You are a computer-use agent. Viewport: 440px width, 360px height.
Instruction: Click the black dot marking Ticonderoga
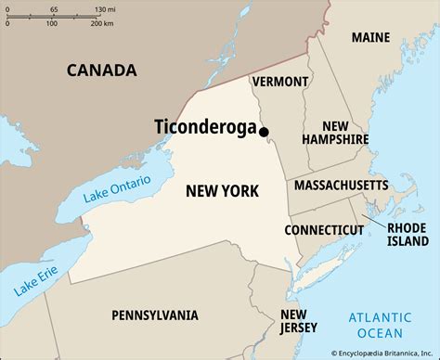click(264, 132)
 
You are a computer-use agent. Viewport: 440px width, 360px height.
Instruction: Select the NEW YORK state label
click(222, 191)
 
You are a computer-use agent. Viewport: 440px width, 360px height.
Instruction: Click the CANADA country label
click(101, 70)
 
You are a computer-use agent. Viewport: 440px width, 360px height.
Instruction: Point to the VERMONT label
click(279, 82)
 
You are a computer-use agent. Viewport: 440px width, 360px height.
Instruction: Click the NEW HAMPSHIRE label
click(335, 132)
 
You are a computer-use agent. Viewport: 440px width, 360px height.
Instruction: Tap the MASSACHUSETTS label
click(341, 186)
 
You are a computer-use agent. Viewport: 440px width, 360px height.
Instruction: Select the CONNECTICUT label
click(323, 228)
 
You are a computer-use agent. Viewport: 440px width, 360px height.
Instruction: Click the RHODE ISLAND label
click(406, 233)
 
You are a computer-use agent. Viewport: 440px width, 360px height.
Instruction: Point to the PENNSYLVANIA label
click(155, 315)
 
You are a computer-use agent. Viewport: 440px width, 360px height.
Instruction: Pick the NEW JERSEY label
click(299, 320)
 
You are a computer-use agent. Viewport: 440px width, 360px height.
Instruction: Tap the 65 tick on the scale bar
click(53, 8)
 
